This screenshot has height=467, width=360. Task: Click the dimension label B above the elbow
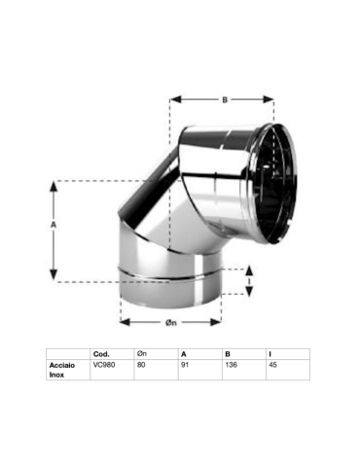tap(222, 98)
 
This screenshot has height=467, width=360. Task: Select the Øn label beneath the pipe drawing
tap(170, 321)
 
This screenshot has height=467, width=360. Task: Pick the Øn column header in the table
tap(142, 353)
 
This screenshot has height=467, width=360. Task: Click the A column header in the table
tap(183, 353)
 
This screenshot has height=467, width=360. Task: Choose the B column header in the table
tap(227, 353)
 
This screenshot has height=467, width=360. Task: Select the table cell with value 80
tap(141, 364)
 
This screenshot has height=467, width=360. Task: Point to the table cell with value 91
tap(185, 364)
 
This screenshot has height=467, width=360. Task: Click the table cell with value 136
tap(230, 364)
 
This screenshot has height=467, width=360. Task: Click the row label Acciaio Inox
tap(63, 369)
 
